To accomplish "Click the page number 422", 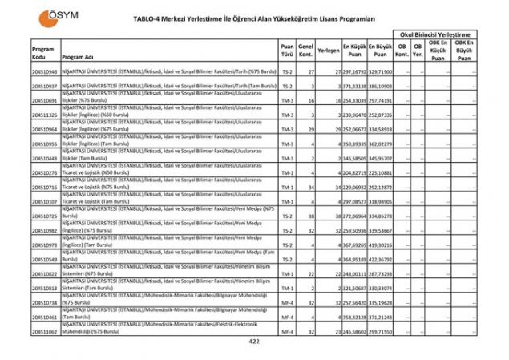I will [x=254, y=342].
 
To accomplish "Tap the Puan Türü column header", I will [x=287, y=53].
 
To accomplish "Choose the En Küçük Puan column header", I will [x=353, y=50].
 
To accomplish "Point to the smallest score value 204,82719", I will [x=353, y=172].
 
